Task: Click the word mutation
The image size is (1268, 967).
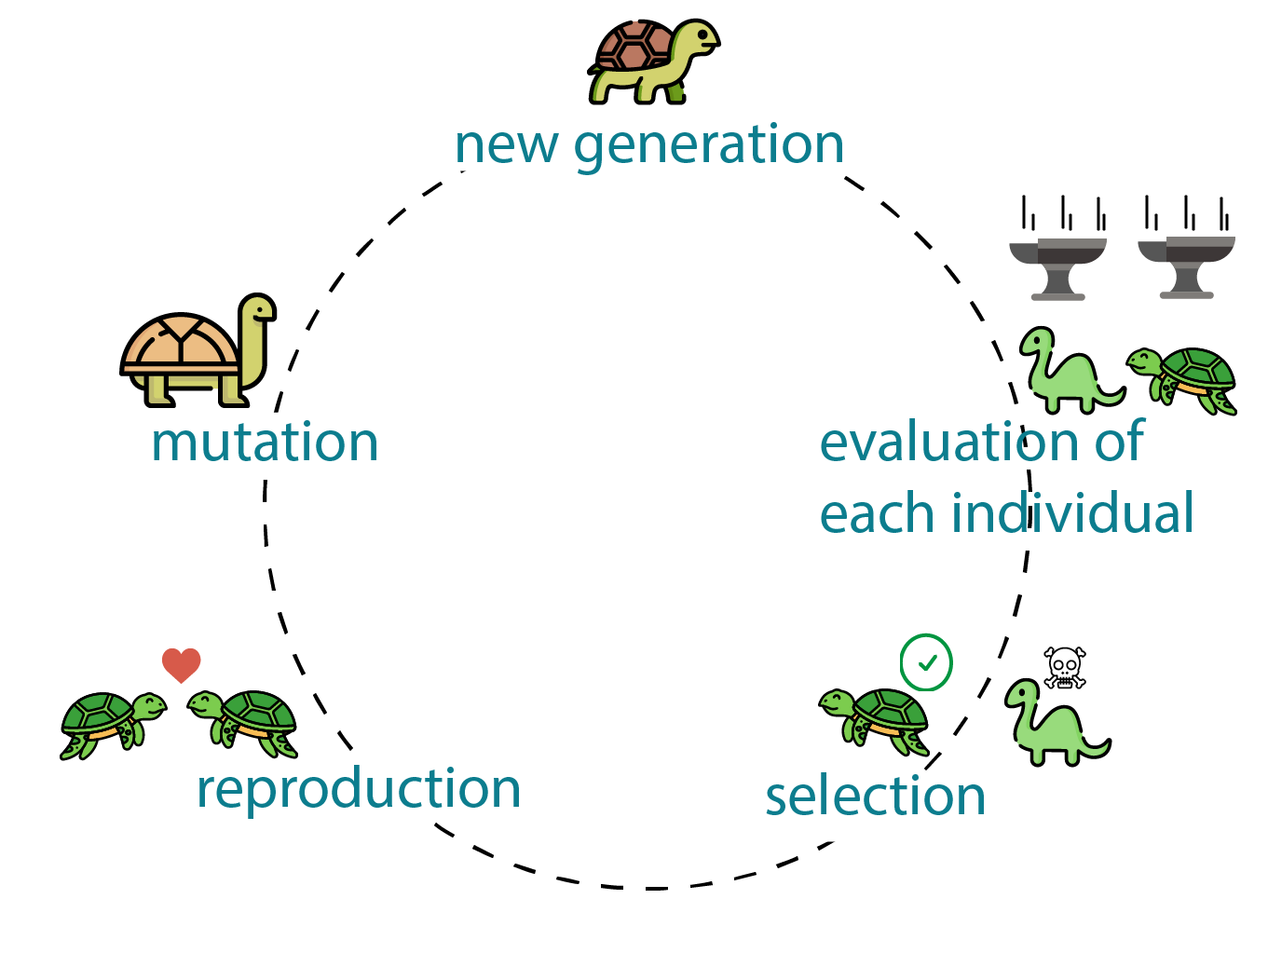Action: pos(265,442)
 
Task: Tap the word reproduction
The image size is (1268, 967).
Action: pos(358,791)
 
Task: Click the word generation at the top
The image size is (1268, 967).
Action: pos(708,146)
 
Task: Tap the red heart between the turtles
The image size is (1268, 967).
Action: pos(182,665)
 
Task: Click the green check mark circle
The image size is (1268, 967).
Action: pos(926,662)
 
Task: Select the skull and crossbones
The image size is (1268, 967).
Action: pos(1064,668)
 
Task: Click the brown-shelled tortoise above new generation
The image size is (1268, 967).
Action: pos(653,61)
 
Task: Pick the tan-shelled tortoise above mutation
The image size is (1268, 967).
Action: pos(198,350)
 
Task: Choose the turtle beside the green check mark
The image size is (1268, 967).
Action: pos(873,722)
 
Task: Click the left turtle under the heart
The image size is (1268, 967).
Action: pos(114,726)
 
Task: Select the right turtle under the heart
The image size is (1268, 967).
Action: pos(242,724)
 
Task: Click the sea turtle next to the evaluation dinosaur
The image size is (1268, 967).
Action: pos(1181,381)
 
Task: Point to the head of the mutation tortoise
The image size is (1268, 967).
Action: pos(258,307)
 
